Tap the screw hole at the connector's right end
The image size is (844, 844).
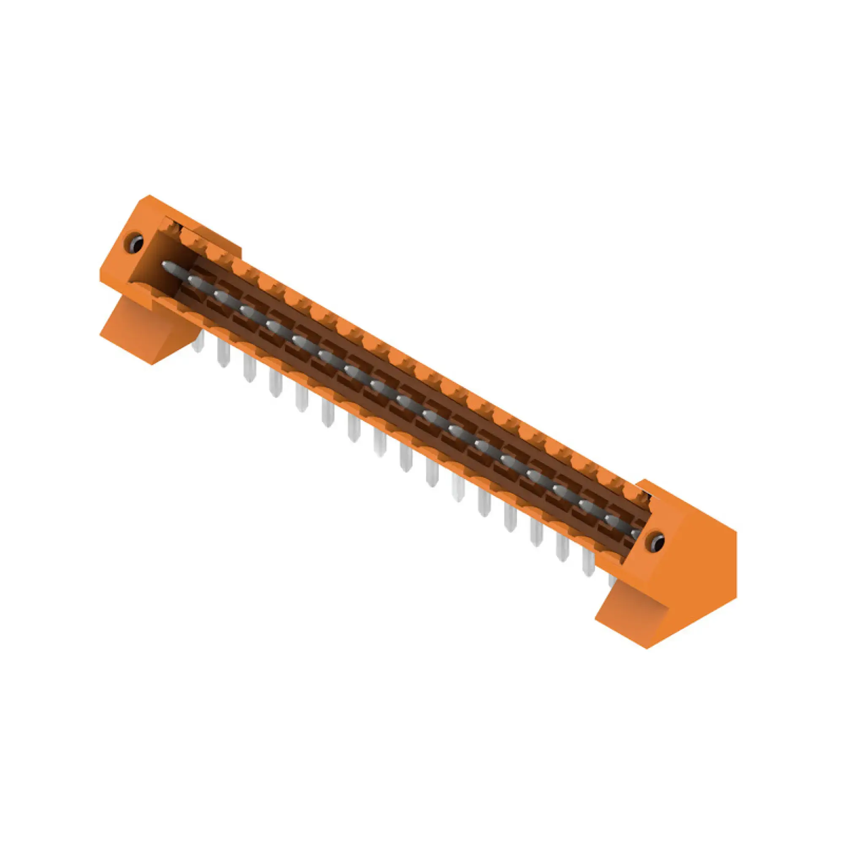point(656,542)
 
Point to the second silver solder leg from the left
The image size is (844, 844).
point(224,354)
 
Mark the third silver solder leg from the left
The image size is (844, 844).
point(250,370)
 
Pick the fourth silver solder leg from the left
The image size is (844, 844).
point(276,385)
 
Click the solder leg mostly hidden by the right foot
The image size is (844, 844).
point(612,581)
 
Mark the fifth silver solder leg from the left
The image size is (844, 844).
point(302,399)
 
